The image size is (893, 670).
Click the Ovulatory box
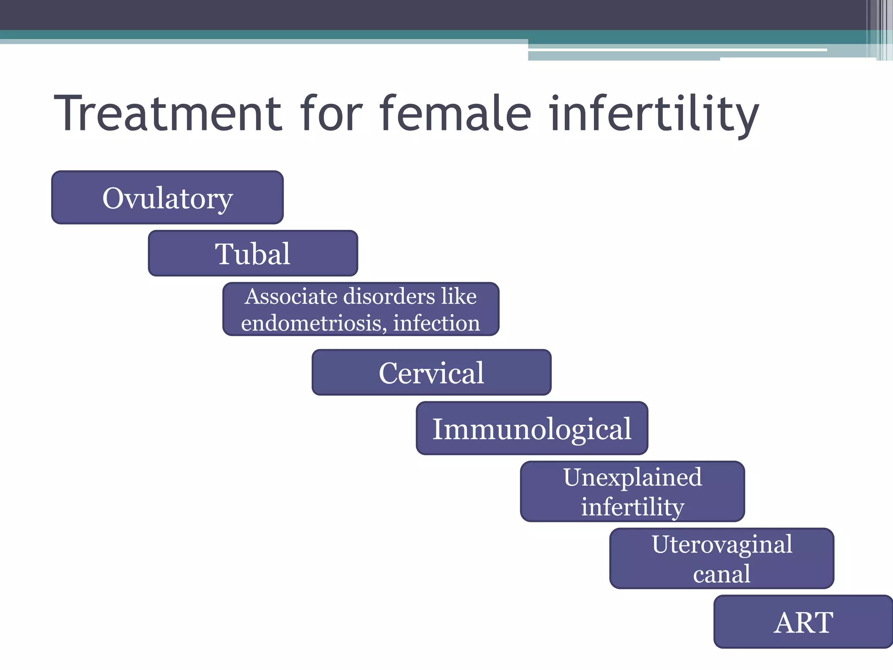[x=167, y=198]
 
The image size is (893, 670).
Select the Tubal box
[x=253, y=253]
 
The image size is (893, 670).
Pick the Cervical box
[x=431, y=373]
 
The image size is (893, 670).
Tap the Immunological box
[x=532, y=428]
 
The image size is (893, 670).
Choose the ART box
[x=803, y=622]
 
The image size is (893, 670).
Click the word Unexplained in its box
[x=632, y=477]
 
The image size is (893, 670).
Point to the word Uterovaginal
[x=722, y=544]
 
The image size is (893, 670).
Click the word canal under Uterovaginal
[x=722, y=573]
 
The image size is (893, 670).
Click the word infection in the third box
[x=436, y=323]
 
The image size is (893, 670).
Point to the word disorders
[x=389, y=297]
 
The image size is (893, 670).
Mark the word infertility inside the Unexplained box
[x=632, y=506]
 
